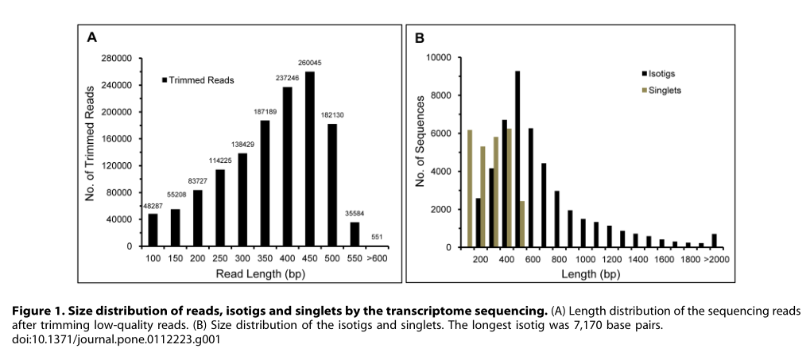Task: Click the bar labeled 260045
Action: pos(310,159)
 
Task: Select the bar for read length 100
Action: pos(153,230)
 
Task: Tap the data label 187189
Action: pos(265,113)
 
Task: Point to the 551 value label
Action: pos(377,238)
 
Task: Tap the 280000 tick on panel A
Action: pos(116,58)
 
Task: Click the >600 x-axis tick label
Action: pos(377,260)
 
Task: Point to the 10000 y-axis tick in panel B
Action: pos(440,58)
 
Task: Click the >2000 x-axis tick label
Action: pos(713,260)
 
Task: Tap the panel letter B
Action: pos(420,38)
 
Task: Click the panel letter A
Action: pos(92,37)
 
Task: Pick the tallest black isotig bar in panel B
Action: pos(517,159)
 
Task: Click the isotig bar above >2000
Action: pos(714,240)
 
